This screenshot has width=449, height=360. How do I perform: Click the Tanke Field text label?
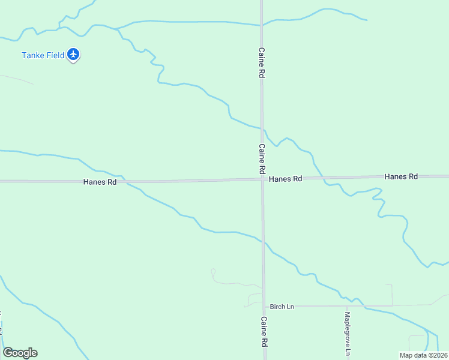[x=43, y=55]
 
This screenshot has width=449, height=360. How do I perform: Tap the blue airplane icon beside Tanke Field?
[x=74, y=55]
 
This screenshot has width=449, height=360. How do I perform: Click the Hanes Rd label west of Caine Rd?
[x=100, y=182]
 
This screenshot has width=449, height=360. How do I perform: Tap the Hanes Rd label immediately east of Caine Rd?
[x=285, y=179]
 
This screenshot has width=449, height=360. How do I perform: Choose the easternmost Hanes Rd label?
[x=401, y=176]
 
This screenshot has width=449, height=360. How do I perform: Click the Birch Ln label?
[x=282, y=307]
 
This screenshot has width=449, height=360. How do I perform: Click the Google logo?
[x=20, y=353]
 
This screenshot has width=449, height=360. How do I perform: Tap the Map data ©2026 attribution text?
[x=423, y=355]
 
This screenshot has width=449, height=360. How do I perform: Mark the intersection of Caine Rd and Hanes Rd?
[x=262, y=178]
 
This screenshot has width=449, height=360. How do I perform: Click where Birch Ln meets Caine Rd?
[x=263, y=306]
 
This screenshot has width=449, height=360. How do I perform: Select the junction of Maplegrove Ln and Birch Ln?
[x=347, y=306]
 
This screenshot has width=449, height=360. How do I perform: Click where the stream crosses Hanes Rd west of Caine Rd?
[x=123, y=180]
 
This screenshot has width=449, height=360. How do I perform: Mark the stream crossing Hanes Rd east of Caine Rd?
[x=323, y=178]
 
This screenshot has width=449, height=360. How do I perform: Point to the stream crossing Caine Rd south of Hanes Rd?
[x=262, y=241]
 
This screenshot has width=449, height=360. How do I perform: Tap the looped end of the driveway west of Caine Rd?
[x=212, y=272]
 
